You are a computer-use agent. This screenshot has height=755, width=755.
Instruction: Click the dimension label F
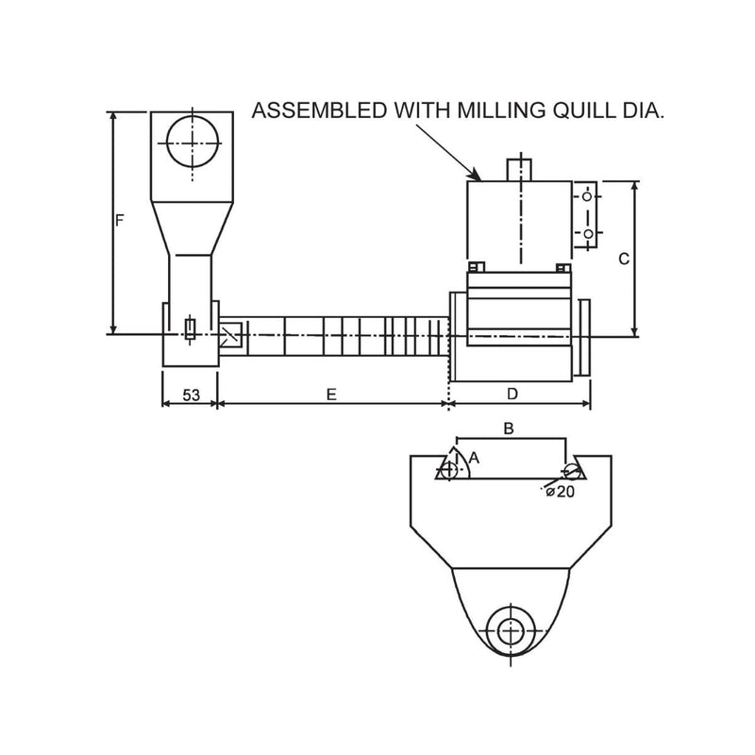[119, 221]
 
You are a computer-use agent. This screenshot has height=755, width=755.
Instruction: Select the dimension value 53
[191, 395]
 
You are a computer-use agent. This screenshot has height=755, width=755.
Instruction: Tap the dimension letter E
[331, 395]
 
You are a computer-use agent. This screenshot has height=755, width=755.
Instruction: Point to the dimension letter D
[512, 393]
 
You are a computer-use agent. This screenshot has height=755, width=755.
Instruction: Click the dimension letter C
[624, 259]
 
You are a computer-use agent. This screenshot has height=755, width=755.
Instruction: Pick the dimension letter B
[508, 429]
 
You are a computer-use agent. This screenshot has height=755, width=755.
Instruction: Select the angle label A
[474, 457]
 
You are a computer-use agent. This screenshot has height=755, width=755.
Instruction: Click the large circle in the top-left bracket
[193, 144]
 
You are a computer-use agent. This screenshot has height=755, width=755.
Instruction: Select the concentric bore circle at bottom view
[511, 630]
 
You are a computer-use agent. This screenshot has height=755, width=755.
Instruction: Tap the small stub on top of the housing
[520, 169]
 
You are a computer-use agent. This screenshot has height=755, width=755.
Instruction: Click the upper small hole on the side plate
[587, 197]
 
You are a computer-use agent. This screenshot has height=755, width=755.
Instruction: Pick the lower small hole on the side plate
[587, 232]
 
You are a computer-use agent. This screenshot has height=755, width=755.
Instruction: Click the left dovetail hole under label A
[449, 469]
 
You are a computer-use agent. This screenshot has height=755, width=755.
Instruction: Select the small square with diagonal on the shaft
[232, 333]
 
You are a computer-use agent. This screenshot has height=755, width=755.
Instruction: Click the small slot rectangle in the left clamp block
[192, 328]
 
